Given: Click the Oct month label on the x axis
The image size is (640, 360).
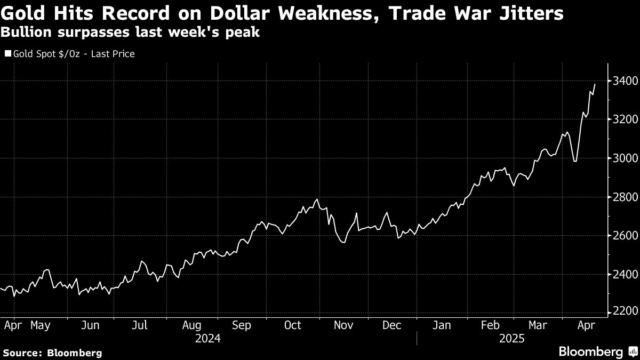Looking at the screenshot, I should click(x=292, y=325).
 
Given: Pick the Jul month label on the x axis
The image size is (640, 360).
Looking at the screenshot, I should click(x=140, y=325).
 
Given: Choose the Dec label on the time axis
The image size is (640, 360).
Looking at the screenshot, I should click(x=392, y=325).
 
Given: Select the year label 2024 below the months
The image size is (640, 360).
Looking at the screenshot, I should click(x=208, y=339).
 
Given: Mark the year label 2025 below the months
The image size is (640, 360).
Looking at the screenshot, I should click(x=512, y=339).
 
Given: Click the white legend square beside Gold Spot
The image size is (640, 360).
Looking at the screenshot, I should click(x=8, y=54).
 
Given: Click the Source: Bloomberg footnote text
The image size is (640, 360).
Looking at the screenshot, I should click(x=52, y=353).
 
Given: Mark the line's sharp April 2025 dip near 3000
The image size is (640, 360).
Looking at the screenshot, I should click(x=575, y=161).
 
